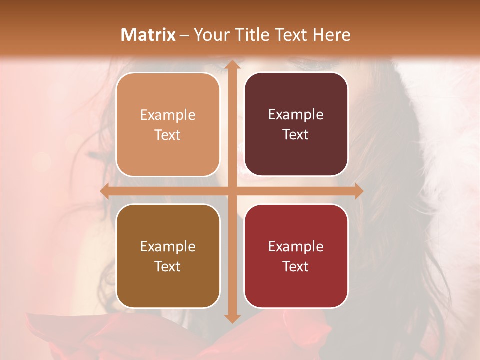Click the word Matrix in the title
pyautogui.click(x=148, y=35)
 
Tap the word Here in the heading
pyautogui.click(x=331, y=35)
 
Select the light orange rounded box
pyautogui.click(x=168, y=125)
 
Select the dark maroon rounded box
pyautogui.click(x=296, y=124)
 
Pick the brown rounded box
pyautogui.click(x=168, y=256)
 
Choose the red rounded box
pyautogui.click(x=296, y=256)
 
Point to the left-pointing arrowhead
pyautogui.click(x=105, y=191)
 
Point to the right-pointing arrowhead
pyautogui.click(x=358, y=191)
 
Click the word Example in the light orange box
pyautogui.click(x=168, y=115)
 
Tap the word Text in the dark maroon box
pyautogui.click(x=296, y=135)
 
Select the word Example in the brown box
pyautogui.click(x=168, y=247)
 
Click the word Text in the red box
pyautogui.click(x=296, y=266)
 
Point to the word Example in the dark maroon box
pyautogui.click(x=296, y=115)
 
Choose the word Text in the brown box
pyautogui.click(x=168, y=266)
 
